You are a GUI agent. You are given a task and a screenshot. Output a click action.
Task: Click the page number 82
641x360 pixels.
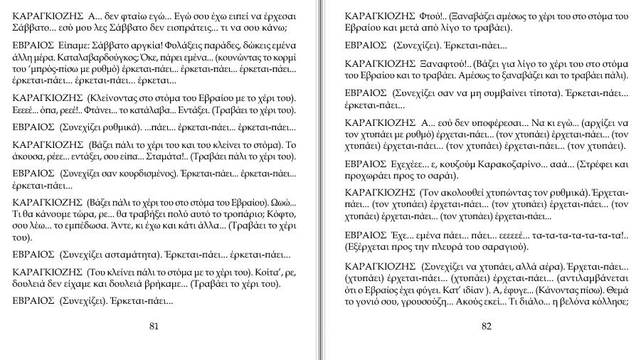tap(487, 327)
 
